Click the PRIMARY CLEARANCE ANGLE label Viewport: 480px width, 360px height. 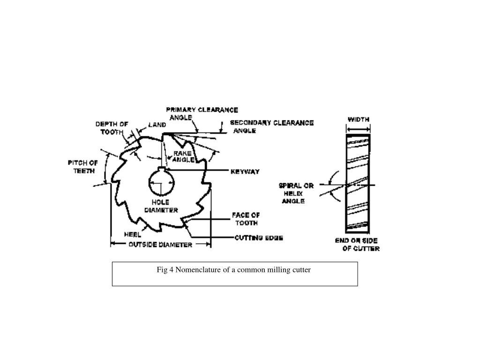click(x=202, y=114)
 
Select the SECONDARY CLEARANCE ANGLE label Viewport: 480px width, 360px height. click(x=271, y=127)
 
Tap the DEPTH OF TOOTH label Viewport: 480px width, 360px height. click(x=112, y=128)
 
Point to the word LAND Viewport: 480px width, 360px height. click(x=157, y=125)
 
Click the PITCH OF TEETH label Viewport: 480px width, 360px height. click(x=83, y=166)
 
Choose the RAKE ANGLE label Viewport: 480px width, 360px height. click(x=183, y=157)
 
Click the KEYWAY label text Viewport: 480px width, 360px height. click(x=245, y=172)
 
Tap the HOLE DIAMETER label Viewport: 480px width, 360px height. click(x=161, y=206)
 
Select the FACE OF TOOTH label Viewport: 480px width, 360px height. click(x=246, y=219)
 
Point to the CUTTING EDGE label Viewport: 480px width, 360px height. click(x=258, y=238)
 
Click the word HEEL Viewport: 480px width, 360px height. click(x=132, y=234)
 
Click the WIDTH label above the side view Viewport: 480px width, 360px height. click(x=358, y=119)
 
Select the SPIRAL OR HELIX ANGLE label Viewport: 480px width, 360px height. click(x=296, y=193)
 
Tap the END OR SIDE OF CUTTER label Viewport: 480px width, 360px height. click(x=357, y=244)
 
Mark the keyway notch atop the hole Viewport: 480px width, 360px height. click(x=162, y=169)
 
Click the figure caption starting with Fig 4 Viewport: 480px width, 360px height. click(x=233, y=270)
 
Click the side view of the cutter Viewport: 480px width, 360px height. click(x=358, y=183)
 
